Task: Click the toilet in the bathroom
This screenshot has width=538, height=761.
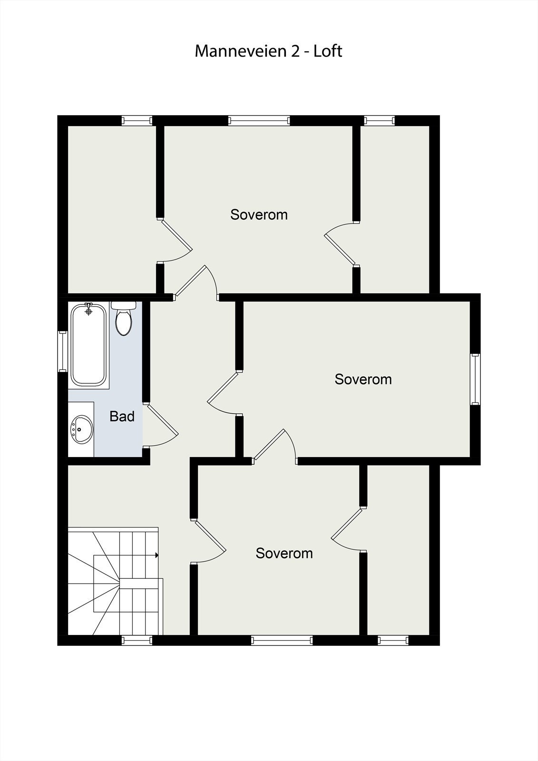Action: click(124, 320)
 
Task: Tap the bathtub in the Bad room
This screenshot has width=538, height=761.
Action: click(88, 345)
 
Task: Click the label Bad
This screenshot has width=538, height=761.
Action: click(122, 417)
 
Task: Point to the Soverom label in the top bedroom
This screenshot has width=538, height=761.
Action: click(259, 215)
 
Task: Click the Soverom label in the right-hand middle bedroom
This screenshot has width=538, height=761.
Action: click(363, 380)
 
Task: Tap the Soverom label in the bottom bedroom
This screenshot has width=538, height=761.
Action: click(284, 554)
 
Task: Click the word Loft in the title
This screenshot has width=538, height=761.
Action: click(328, 51)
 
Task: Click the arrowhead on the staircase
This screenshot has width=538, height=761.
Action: click(157, 555)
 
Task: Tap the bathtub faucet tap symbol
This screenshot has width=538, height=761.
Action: click(88, 310)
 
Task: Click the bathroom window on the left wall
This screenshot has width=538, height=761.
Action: click(62, 351)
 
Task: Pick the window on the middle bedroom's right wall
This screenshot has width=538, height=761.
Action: click(475, 379)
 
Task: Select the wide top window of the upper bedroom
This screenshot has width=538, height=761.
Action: click(259, 120)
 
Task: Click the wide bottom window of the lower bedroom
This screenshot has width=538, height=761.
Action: click(282, 640)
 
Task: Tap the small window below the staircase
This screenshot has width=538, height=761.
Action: click(137, 640)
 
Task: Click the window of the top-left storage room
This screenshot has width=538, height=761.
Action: click(137, 120)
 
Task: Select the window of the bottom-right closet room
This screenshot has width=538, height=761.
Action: click(393, 640)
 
